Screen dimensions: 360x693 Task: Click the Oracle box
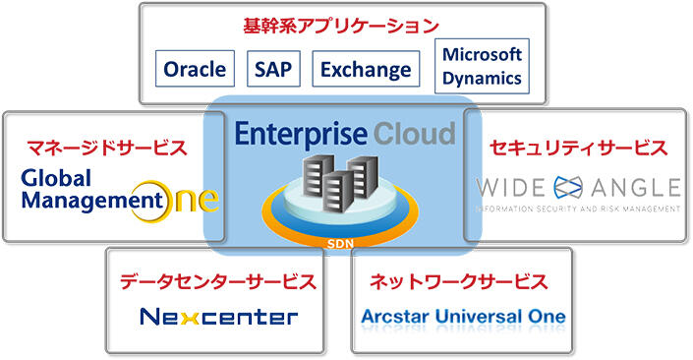coord(195,69)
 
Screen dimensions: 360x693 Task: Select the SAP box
coord(272,69)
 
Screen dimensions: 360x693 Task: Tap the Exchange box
coord(365,69)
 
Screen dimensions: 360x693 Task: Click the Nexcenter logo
coord(217,317)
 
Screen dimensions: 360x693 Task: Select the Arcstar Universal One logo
coord(462,317)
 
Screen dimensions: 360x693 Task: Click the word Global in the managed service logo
coord(55,178)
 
